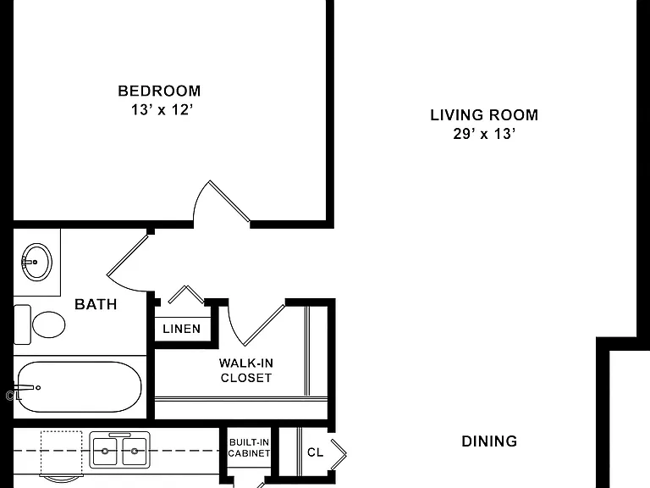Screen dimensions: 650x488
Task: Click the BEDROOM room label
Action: point(159,91)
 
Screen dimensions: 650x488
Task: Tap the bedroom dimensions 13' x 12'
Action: point(162,110)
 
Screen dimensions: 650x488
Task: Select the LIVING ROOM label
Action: point(484,115)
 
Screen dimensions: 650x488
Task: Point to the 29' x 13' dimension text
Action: point(484,134)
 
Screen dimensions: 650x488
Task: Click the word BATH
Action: point(96,304)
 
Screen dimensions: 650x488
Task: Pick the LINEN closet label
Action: point(182,329)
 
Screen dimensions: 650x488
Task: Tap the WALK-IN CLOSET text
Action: point(245,370)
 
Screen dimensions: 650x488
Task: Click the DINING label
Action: point(489,441)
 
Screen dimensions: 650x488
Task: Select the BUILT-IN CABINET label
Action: point(249,448)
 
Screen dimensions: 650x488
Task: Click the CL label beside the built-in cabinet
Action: point(315,452)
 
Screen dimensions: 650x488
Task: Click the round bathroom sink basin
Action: point(36,263)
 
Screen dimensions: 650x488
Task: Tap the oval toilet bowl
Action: point(49,324)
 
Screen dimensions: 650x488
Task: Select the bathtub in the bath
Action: point(79,387)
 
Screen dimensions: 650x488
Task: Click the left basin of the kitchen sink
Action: point(105,452)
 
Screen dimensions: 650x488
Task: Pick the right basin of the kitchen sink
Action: point(135,452)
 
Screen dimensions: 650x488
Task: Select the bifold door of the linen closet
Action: point(186,294)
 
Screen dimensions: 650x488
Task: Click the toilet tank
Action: point(22,324)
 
